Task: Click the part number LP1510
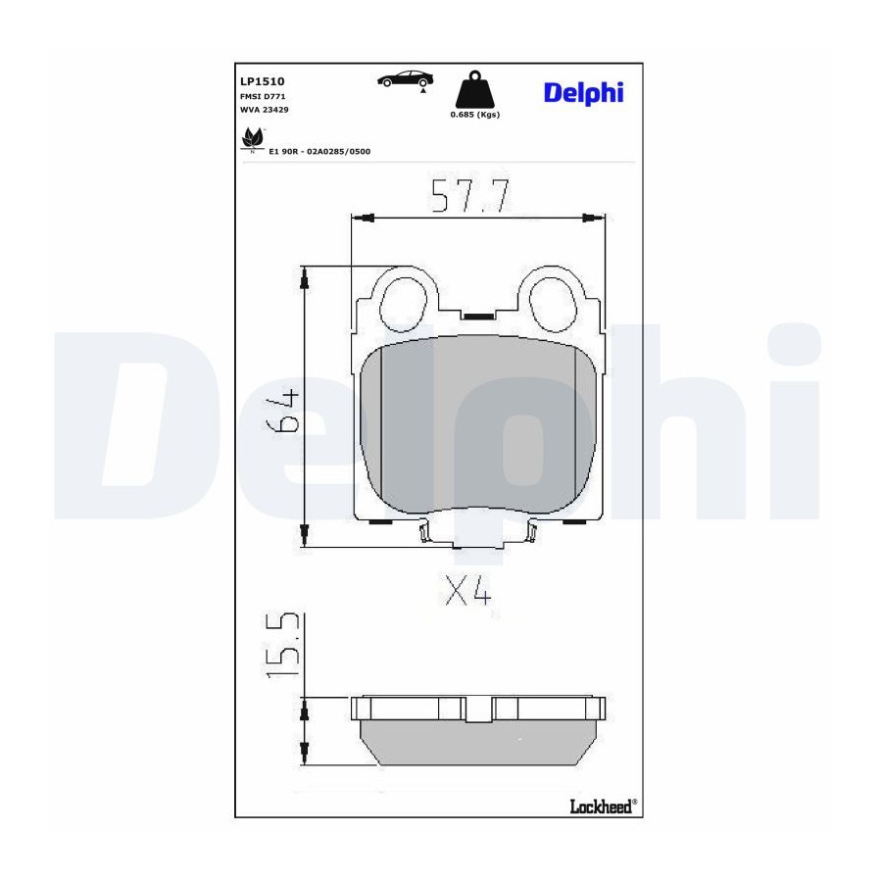[x=262, y=81]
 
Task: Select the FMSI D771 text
[x=263, y=97]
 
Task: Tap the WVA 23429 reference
[x=265, y=110]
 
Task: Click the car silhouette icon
[x=405, y=79]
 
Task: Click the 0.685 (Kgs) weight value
[x=474, y=115]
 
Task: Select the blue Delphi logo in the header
[x=583, y=93]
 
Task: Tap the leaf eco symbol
[x=253, y=139]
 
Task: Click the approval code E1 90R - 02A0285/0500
[x=319, y=151]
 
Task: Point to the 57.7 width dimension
[x=470, y=195]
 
